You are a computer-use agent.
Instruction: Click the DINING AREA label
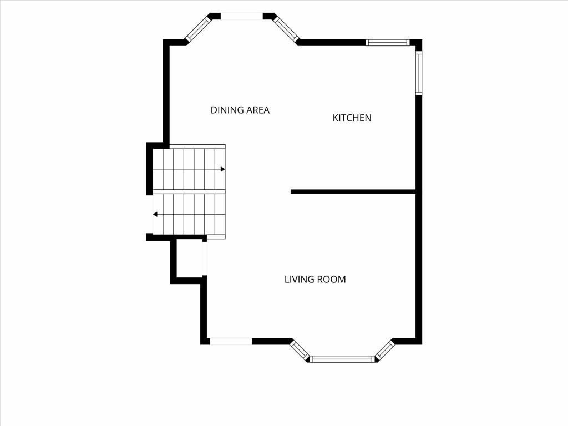tap(240, 110)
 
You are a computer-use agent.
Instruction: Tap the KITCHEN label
tap(352, 118)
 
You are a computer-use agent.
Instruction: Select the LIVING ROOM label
tap(315, 280)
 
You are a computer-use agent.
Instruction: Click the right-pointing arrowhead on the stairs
tap(223, 169)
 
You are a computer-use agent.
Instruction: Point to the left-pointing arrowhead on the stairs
tap(155, 215)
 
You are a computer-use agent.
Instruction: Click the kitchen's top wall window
tap(387, 42)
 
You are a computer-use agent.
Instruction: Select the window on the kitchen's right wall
tap(419, 73)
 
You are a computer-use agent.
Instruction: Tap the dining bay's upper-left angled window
tap(197, 28)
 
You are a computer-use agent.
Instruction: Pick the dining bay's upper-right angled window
tap(286, 29)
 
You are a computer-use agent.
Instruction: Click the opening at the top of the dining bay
tap(242, 16)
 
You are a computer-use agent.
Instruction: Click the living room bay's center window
tap(342, 359)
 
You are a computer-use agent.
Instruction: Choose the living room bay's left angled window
tap(299, 351)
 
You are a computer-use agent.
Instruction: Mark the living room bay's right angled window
tap(385, 351)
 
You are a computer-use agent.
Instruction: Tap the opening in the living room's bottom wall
tap(231, 341)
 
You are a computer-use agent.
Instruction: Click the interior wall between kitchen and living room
tap(353, 191)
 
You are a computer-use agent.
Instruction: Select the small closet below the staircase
tap(189, 258)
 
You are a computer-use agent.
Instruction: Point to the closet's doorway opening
tap(204, 258)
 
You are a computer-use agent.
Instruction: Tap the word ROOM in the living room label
tap(331, 280)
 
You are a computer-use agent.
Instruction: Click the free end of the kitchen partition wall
tap(291, 191)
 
